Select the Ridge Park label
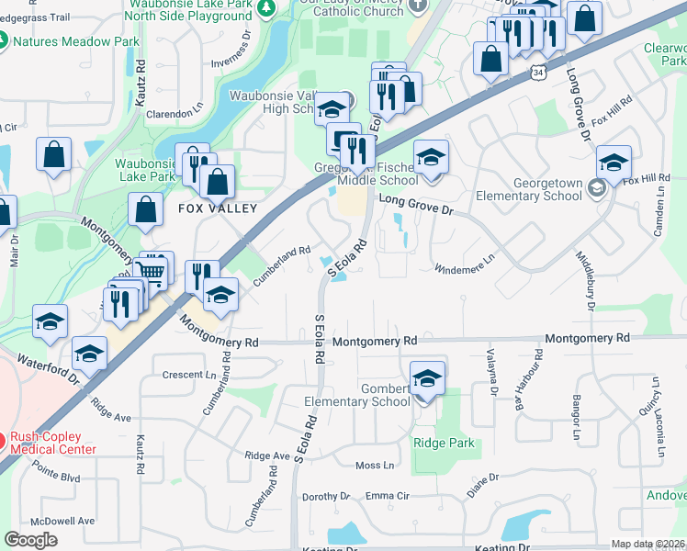(444, 443)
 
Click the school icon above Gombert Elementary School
(426, 378)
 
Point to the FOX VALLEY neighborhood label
(216, 208)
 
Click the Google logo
(30, 540)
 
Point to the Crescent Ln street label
(188, 375)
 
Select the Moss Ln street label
(374, 465)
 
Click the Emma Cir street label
(386, 496)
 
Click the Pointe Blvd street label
(55, 478)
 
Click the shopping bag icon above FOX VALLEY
(217, 181)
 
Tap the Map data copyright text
(648, 544)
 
